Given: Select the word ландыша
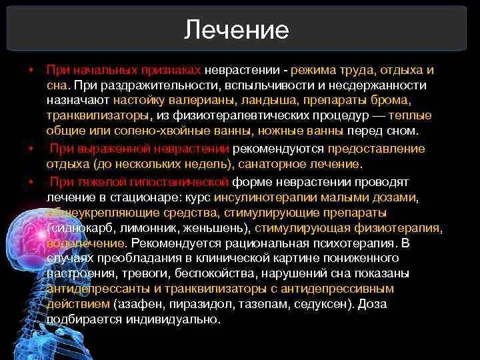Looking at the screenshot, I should [268, 101].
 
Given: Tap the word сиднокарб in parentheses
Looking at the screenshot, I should [77, 228].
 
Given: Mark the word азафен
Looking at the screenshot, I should [136, 304].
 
